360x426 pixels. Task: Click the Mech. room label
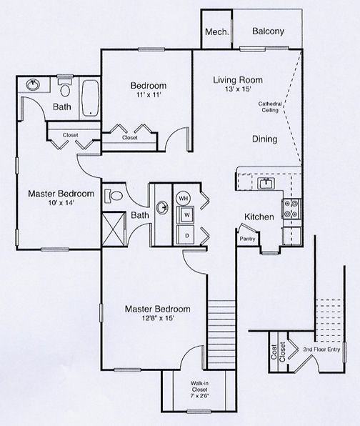click(x=216, y=31)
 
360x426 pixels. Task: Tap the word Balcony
click(x=268, y=31)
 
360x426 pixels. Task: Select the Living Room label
click(x=237, y=80)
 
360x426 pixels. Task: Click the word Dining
click(x=265, y=139)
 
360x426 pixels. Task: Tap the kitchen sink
click(x=266, y=184)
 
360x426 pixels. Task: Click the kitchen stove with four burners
click(x=291, y=208)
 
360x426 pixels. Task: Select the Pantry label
click(x=248, y=239)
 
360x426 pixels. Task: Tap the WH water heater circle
click(x=184, y=197)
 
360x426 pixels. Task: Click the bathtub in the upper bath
click(x=90, y=98)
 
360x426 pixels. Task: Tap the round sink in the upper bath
click(x=33, y=84)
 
